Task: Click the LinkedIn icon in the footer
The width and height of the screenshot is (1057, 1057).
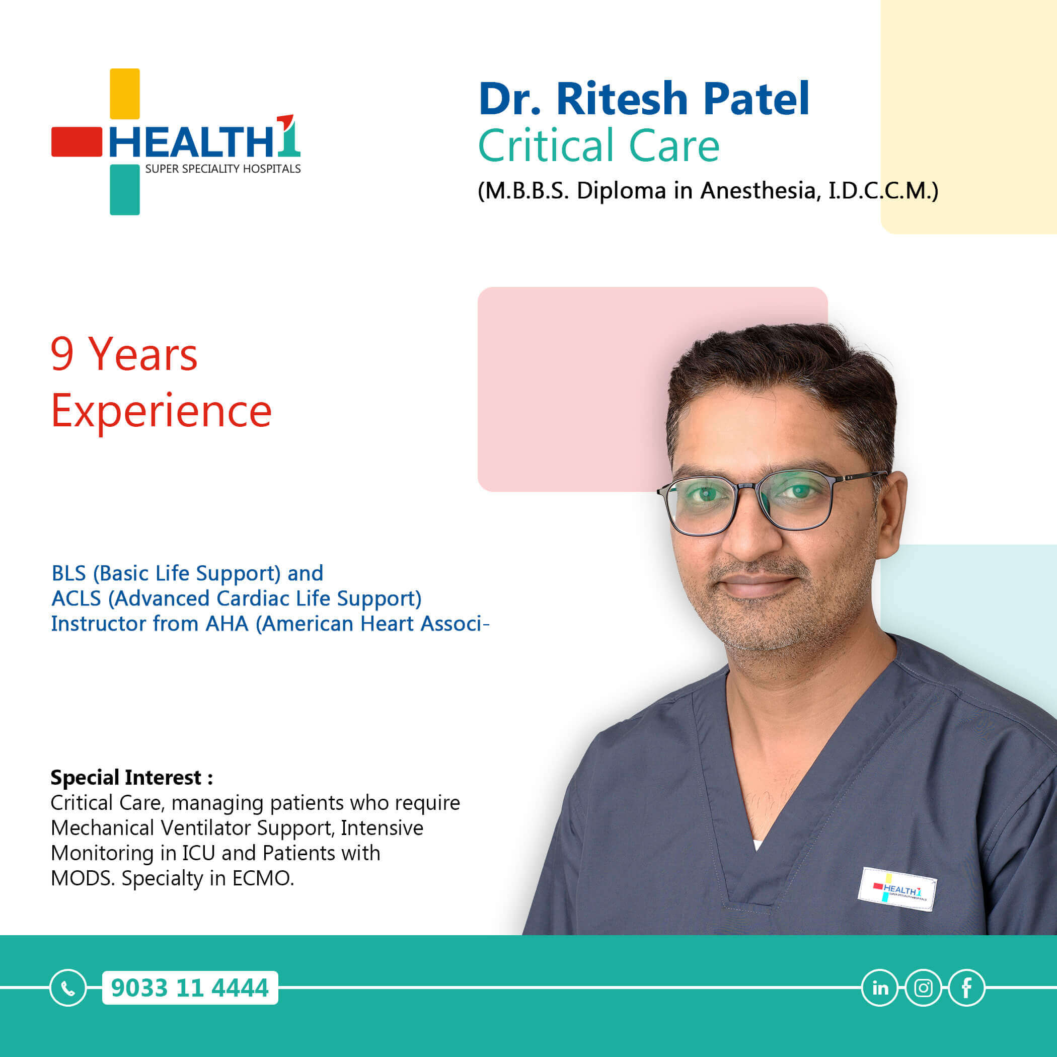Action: coord(880,988)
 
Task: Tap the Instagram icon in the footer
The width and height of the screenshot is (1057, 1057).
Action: coord(924,988)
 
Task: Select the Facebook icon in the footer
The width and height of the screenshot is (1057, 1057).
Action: coord(967,988)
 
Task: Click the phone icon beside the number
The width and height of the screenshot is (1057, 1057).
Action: coord(68,988)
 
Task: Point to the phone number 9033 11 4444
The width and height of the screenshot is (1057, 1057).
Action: coord(190,988)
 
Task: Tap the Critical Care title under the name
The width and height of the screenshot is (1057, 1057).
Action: coord(598,145)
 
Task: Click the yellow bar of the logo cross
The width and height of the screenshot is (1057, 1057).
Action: coord(125,94)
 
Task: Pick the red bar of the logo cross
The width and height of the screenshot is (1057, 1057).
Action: coord(77,142)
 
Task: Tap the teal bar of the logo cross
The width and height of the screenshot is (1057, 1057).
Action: coord(125,189)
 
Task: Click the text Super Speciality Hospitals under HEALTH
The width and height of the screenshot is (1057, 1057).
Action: coord(222,169)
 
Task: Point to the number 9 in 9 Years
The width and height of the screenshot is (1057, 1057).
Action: coord(62,354)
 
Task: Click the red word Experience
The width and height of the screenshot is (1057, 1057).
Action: coord(162,411)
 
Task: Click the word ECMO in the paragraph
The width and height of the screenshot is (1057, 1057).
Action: coord(263,878)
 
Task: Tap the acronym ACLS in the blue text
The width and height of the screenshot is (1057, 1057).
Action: coord(76,598)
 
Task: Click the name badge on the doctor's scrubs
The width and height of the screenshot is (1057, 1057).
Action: coord(897,889)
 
